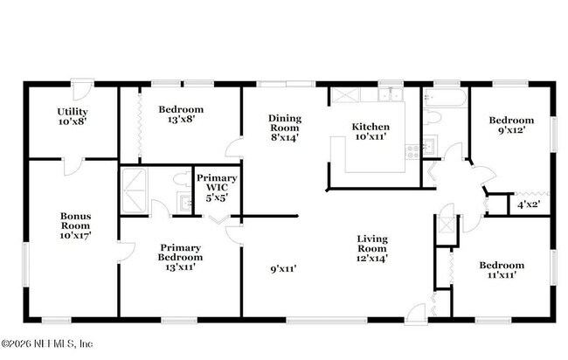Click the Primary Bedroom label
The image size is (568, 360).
pyautogui.click(x=181, y=252)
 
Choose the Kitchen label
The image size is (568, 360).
pyautogui.click(x=370, y=127)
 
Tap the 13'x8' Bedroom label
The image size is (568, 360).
pyautogui.click(x=181, y=109)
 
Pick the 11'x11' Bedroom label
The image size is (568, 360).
pyautogui.click(x=502, y=266)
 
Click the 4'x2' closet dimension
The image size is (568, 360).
pyautogui.click(x=528, y=204)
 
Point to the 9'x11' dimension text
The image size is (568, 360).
pyautogui.click(x=285, y=270)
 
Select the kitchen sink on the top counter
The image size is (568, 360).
pyautogui.click(x=387, y=94)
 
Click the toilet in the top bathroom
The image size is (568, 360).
pyautogui.click(x=434, y=117)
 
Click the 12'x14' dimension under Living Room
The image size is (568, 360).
pyautogui.click(x=371, y=258)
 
